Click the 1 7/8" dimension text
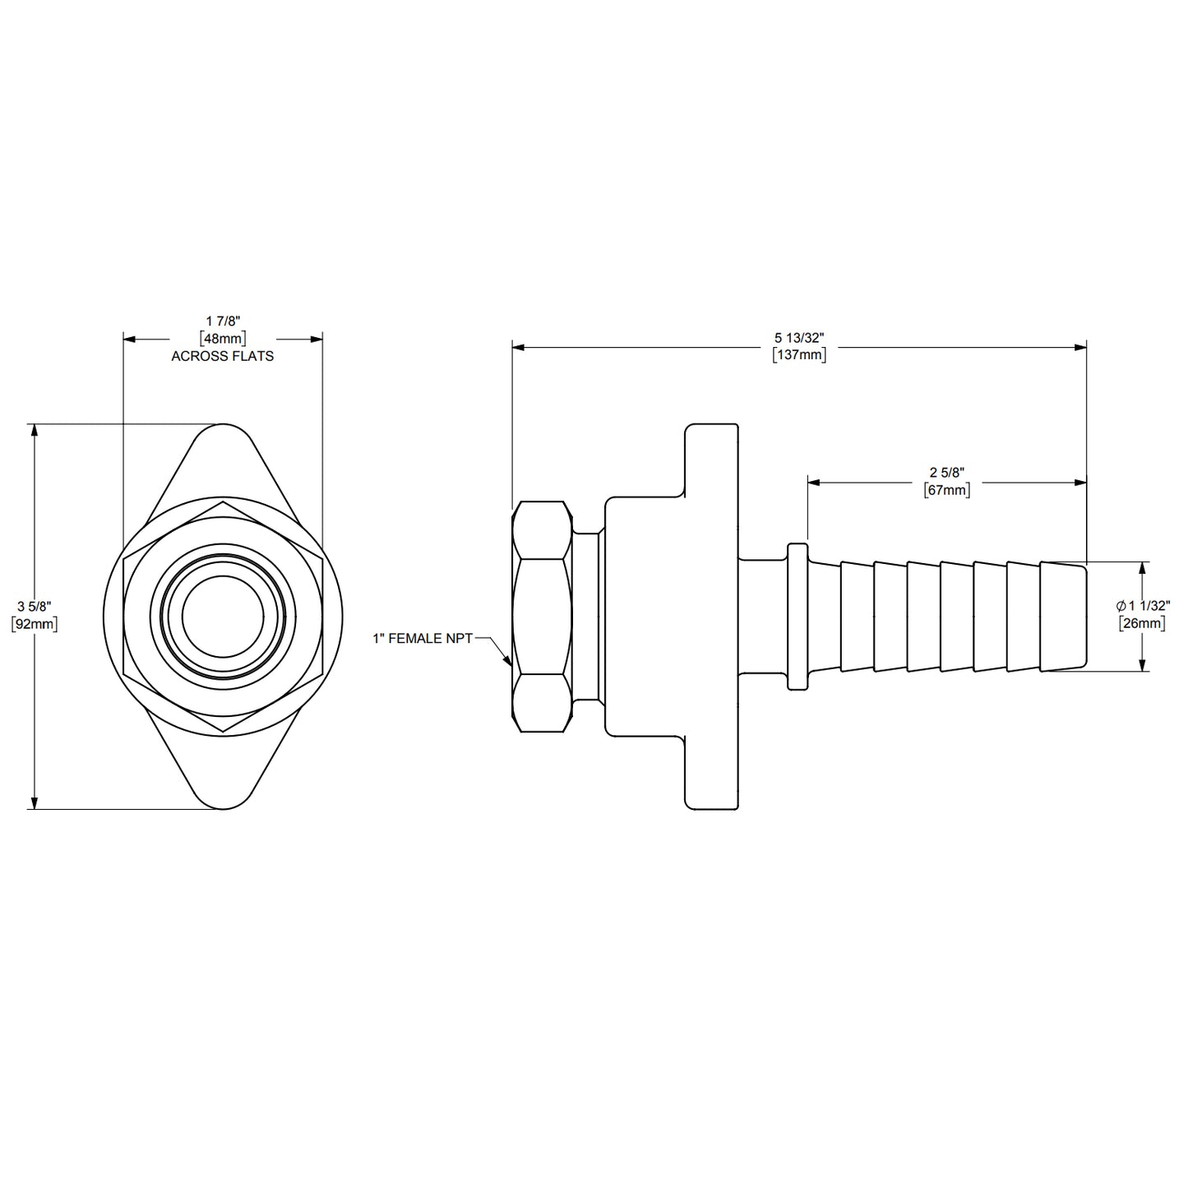point(222,321)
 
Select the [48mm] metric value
point(222,338)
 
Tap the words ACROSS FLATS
point(222,356)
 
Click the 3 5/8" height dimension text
point(34,607)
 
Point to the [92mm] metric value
point(34,624)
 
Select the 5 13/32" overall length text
point(799,338)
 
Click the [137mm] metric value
point(799,355)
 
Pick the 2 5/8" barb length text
point(947,473)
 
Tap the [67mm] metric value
point(947,490)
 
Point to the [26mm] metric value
point(1143,623)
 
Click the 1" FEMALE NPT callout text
point(423,638)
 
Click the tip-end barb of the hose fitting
point(1063,617)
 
